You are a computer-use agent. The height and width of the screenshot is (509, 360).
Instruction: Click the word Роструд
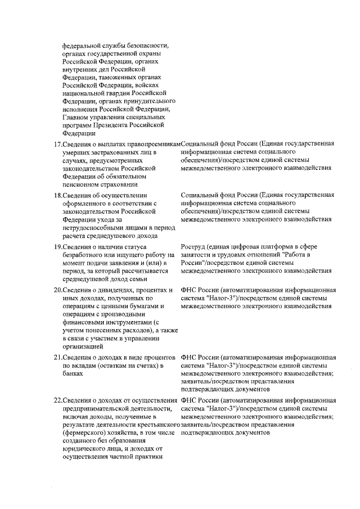click(193, 247)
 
